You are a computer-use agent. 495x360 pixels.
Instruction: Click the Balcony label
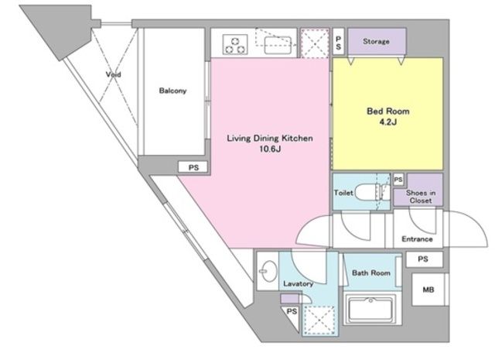[172, 91]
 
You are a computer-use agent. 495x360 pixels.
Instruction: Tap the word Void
[114, 74]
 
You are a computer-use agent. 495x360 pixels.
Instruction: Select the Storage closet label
[376, 41]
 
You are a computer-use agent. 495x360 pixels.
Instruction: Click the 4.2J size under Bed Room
[388, 122]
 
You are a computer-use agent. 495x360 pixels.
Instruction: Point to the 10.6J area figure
[270, 149]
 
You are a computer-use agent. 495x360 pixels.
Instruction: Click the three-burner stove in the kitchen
[235, 45]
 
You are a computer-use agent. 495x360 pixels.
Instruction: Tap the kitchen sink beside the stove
[278, 46]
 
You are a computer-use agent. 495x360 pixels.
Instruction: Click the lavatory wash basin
[268, 271]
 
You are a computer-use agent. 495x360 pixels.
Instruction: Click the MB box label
[428, 290]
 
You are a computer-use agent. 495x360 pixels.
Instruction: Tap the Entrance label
[417, 239]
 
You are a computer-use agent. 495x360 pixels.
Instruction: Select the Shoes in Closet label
[421, 197]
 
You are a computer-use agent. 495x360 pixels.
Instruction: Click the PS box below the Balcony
[193, 167]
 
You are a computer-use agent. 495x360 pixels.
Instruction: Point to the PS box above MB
[423, 259]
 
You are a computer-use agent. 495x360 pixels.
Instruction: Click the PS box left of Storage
[339, 42]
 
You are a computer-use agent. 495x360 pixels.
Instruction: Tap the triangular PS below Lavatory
[292, 315]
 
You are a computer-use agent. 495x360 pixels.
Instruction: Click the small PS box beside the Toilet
[398, 180]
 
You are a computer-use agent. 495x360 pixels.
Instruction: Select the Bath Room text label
[371, 273]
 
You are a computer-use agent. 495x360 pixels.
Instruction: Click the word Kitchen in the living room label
[297, 139]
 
